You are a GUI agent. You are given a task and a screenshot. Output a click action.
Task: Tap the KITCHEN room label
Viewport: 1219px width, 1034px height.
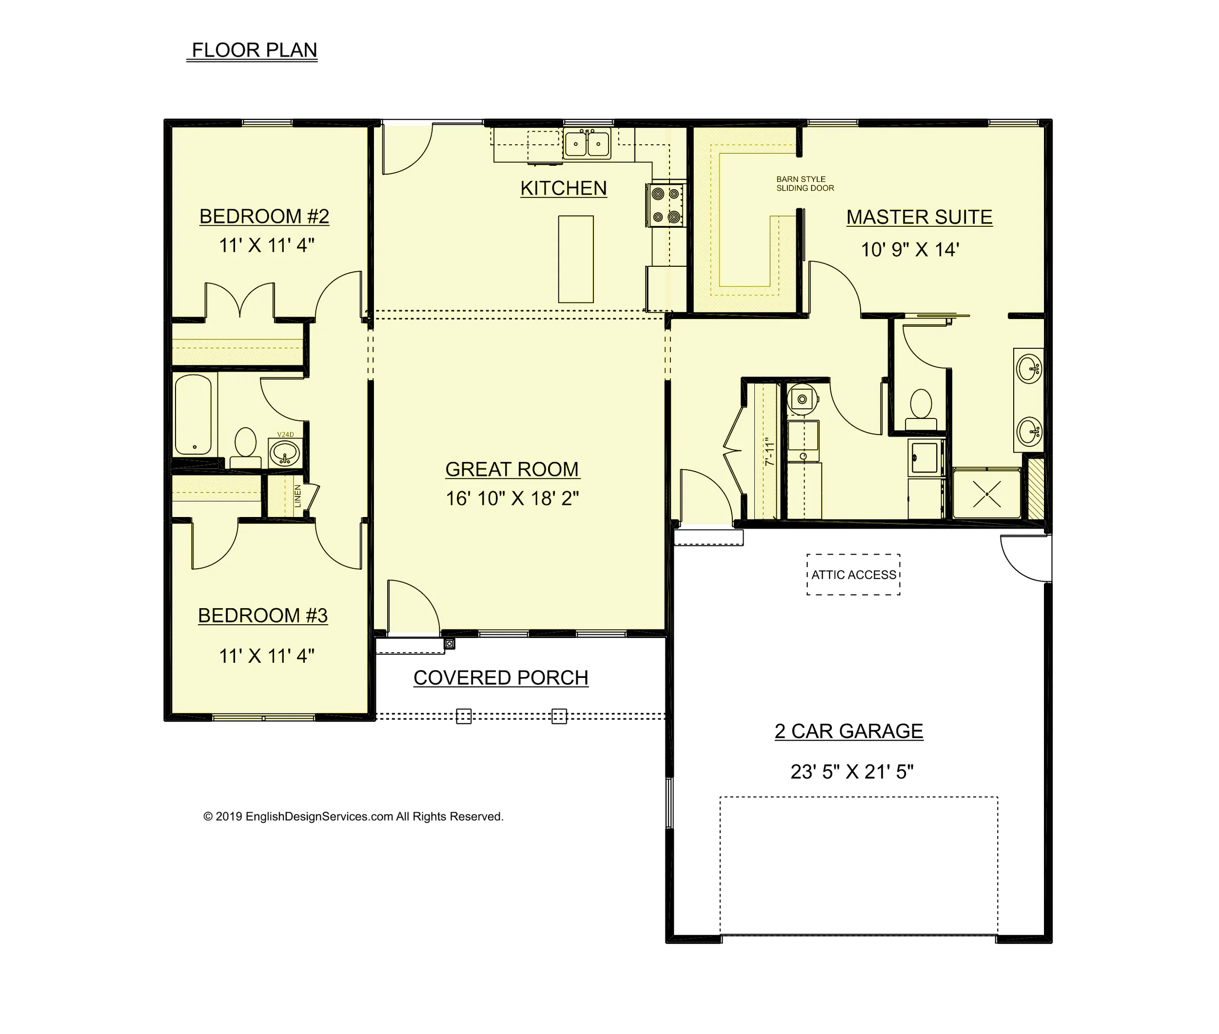click(563, 188)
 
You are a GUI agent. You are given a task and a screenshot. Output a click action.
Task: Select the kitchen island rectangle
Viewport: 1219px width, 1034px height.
click(575, 259)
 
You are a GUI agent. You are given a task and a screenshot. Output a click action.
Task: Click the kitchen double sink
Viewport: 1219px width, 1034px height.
click(587, 143)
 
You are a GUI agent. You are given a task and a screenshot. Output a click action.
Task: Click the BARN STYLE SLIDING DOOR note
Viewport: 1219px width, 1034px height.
click(805, 183)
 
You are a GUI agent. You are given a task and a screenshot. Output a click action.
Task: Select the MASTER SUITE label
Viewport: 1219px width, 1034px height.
click(919, 217)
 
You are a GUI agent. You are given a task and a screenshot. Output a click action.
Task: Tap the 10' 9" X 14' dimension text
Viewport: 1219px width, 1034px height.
click(909, 250)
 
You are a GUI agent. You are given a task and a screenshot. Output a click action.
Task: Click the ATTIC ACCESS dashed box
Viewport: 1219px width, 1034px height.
click(853, 575)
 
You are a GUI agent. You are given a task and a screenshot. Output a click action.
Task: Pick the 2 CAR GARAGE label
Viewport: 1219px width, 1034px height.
click(848, 731)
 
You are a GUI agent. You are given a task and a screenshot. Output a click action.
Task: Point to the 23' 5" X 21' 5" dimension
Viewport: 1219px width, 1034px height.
click(851, 772)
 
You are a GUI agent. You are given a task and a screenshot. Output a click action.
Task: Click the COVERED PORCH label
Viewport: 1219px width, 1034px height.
click(500, 677)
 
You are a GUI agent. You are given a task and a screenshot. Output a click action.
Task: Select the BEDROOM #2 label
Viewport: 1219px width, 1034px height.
click(264, 216)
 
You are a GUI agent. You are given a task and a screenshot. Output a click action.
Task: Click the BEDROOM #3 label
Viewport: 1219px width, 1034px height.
click(262, 616)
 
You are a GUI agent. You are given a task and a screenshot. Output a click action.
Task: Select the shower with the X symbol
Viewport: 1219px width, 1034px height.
click(987, 494)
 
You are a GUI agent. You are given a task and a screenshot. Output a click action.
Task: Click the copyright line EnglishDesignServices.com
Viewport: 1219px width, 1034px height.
click(353, 816)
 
